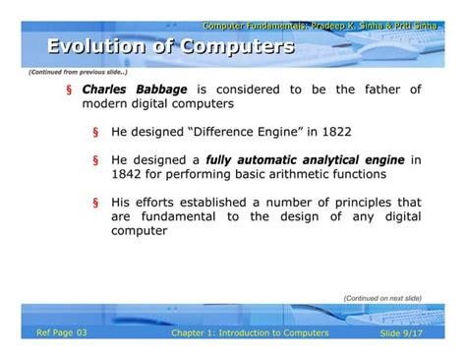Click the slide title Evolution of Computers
[171, 46]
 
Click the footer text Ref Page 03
[62, 332]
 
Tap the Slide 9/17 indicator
[402, 333]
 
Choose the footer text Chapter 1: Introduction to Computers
[249, 333]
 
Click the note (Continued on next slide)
[381, 297]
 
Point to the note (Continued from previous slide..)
[78, 72]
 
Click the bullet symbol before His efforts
[95, 203]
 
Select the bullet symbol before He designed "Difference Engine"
[95, 130]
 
